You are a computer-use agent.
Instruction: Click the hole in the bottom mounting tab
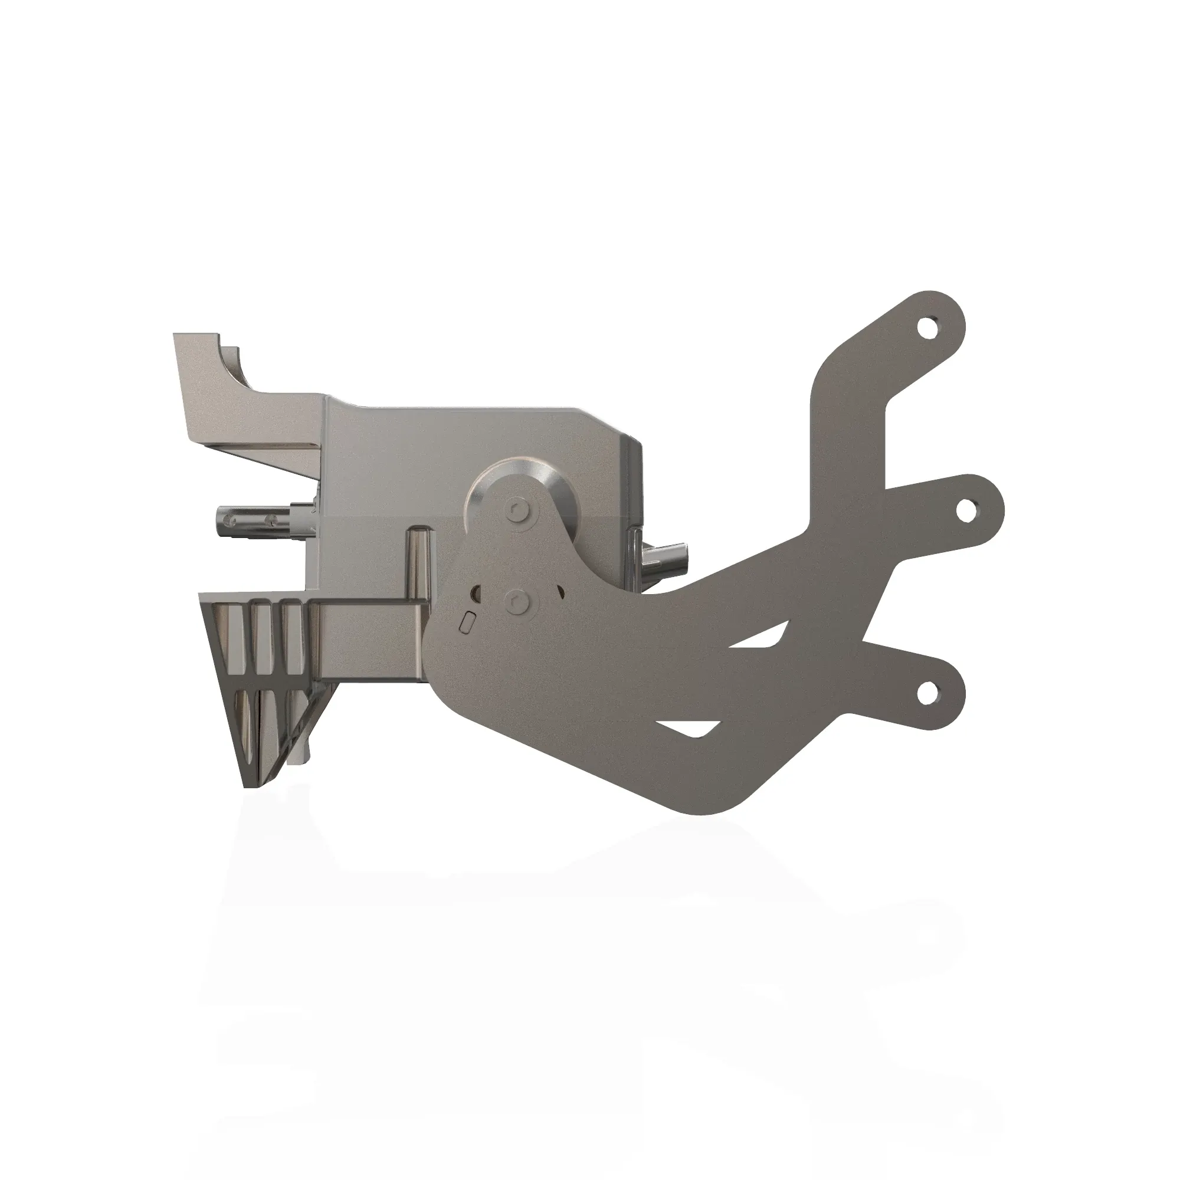coord(929,693)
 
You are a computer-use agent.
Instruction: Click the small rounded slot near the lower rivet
coord(467,623)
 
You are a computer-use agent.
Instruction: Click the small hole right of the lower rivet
coord(559,590)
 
